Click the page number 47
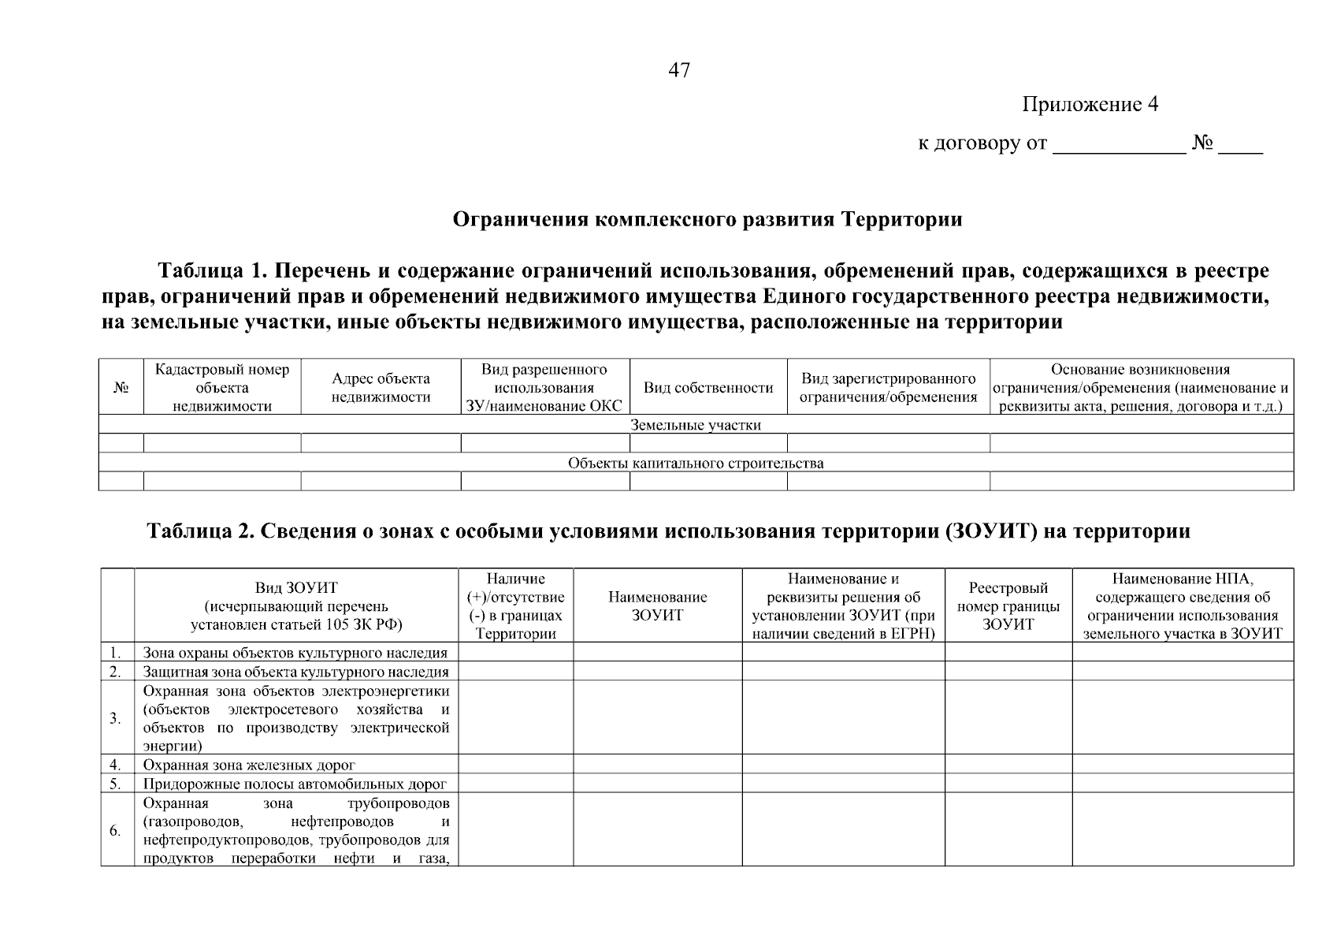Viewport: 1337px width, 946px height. pos(679,70)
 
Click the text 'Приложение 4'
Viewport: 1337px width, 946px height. pos(1090,105)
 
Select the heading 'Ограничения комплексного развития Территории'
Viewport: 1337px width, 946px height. pos(707,219)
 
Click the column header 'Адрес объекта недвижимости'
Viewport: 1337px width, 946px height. pos(381,387)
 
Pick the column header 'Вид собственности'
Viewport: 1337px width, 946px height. pos(708,387)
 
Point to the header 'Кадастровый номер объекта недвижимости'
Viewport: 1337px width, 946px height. pos(222,387)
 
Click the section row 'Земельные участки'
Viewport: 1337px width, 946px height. pos(696,425)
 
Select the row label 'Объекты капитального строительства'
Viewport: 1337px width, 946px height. pos(696,463)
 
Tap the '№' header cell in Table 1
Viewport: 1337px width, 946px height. pos(121,387)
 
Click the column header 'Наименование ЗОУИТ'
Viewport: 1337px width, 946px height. pos(657,605)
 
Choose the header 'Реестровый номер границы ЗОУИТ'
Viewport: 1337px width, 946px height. pos(1008,605)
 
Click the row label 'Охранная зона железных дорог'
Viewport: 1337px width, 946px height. pos(249,765)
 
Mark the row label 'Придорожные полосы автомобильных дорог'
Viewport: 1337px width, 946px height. pos(295,784)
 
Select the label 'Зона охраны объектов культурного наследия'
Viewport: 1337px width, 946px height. pos(295,653)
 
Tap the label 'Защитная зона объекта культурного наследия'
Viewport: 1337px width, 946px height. pos(295,672)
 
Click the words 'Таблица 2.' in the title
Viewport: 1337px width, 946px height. pos(195,531)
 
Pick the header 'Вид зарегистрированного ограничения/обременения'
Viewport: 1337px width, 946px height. pos(888,387)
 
